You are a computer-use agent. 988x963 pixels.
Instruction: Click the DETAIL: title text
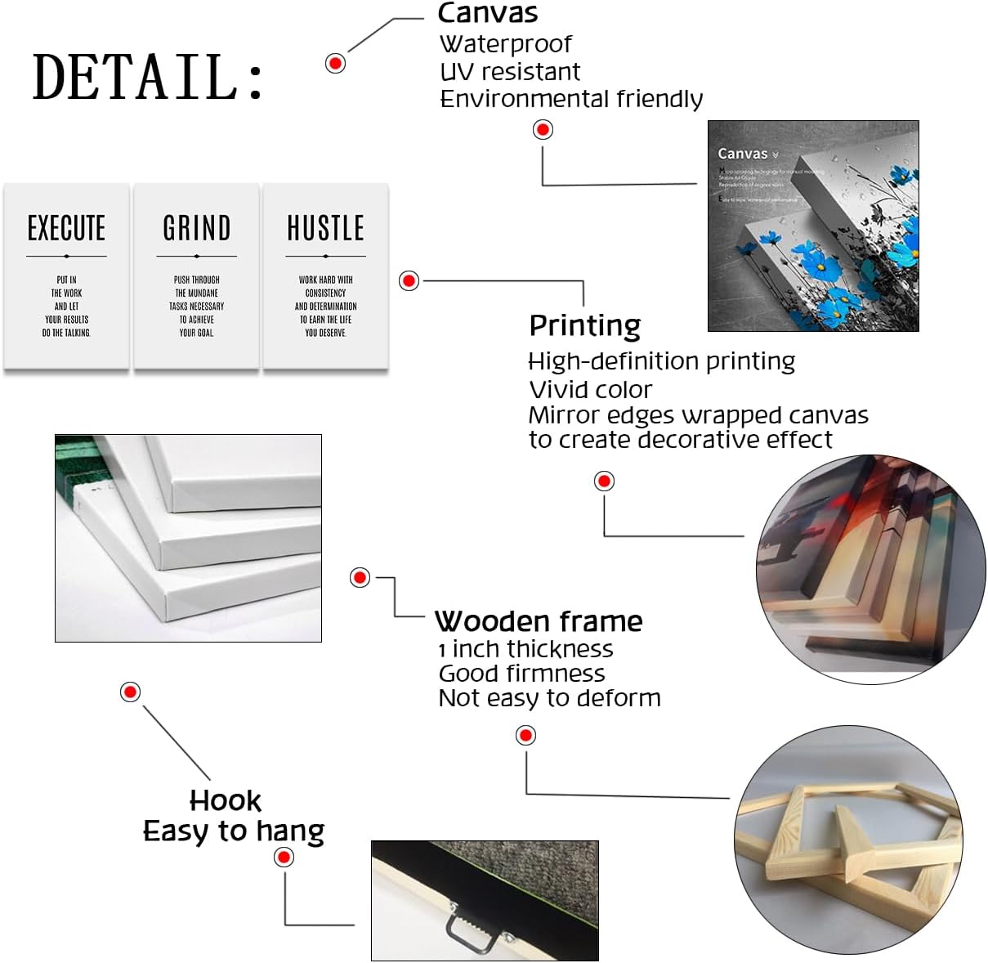click(x=148, y=77)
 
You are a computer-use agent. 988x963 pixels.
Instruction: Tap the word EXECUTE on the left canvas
click(x=66, y=228)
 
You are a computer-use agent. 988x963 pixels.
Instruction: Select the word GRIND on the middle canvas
click(x=196, y=228)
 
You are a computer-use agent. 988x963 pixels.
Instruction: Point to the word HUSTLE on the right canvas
click(x=325, y=228)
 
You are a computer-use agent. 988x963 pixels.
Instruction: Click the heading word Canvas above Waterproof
click(x=488, y=13)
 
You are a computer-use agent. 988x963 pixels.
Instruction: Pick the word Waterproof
click(x=505, y=44)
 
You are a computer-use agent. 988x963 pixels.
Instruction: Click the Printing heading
click(x=584, y=325)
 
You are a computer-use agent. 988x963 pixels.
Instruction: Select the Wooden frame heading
click(x=539, y=621)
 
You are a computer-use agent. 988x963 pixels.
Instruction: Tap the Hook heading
click(x=226, y=800)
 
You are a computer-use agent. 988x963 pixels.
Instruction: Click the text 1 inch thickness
click(x=525, y=649)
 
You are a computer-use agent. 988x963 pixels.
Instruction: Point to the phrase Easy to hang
click(x=234, y=831)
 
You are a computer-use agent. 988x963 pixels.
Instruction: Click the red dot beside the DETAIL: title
click(x=335, y=63)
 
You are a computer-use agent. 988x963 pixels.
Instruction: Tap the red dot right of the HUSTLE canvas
click(x=409, y=280)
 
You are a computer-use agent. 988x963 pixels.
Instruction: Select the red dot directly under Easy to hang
click(x=284, y=857)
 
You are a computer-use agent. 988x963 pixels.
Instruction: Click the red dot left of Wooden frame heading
click(x=360, y=577)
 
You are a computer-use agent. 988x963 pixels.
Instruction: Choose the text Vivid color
click(x=590, y=390)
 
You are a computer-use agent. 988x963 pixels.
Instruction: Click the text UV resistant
click(x=510, y=72)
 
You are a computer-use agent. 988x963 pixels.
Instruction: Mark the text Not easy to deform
click(x=549, y=698)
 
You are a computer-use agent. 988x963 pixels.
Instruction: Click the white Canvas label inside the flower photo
click(x=743, y=154)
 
